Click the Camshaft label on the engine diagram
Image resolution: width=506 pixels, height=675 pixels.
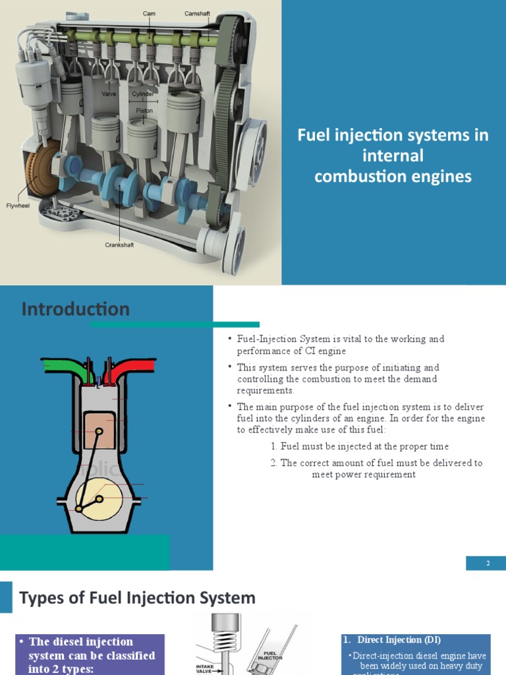(197, 13)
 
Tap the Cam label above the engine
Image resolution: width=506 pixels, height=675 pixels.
(150, 13)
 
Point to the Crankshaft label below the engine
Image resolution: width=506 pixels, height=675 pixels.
(119, 245)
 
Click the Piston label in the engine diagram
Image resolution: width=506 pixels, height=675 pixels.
(144, 111)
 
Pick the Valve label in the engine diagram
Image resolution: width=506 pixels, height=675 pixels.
(109, 94)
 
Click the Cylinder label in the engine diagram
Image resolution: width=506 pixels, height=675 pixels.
(143, 94)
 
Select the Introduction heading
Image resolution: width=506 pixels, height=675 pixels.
(76, 309)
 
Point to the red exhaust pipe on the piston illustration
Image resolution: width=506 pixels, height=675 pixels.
(134, 367)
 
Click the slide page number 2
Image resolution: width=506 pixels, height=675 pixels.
(488, 563)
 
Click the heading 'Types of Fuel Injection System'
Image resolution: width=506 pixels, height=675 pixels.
(137, 598)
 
